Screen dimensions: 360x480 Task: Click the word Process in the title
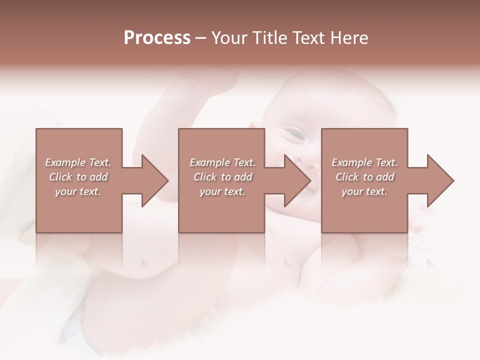(157, 38)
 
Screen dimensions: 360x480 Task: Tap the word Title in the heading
(269, 38)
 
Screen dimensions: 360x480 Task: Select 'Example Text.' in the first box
(78, 162)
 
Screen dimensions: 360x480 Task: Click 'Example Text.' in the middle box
(222, 162)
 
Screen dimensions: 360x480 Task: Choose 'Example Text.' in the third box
(364, 162)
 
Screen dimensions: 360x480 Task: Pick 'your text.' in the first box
(78, 191)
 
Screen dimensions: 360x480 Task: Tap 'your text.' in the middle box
(222, 191)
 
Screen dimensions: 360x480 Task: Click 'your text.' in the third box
(364, 191)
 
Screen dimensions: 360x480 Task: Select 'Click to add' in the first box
(78, 177)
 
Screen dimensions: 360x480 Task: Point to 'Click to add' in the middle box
(222, 177)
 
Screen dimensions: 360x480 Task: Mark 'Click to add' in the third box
(364, 177)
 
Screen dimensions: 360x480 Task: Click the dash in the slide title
(201, 38)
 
